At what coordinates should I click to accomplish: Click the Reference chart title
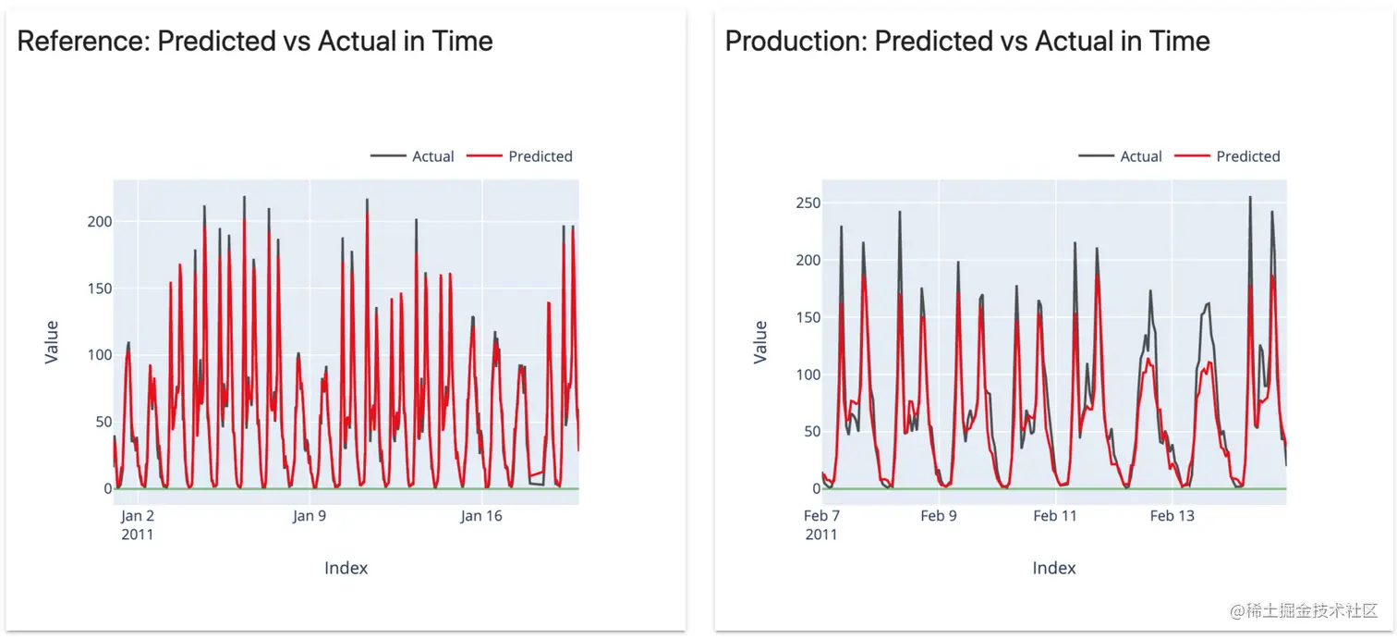[x=255, y=42]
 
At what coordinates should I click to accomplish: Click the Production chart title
[x=967, y=42]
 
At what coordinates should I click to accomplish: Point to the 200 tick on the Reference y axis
[x=99, y=222]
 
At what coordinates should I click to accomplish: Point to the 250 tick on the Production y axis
[x=807, y=203]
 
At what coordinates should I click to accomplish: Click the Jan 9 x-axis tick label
[x=310, y=516]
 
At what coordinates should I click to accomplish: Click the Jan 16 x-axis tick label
[x=481, y=516]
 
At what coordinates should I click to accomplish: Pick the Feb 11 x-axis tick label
[x=1055, y=516]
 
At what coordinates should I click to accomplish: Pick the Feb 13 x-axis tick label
[x=1172, y=516]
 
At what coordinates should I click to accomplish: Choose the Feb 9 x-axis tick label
[x=939, y=516]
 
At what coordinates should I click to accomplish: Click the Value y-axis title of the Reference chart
[x=52, y=342]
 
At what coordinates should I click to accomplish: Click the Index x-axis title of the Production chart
[x=1054, y=568]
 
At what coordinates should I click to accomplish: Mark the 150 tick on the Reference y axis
[x=99, y=289]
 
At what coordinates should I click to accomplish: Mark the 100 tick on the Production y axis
[x=807, y=375]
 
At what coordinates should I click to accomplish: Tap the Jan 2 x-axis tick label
[x=138, y=516]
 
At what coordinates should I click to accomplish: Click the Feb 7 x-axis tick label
[x=821, y=516]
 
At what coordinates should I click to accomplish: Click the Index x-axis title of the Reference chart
[x=346, y=568]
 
